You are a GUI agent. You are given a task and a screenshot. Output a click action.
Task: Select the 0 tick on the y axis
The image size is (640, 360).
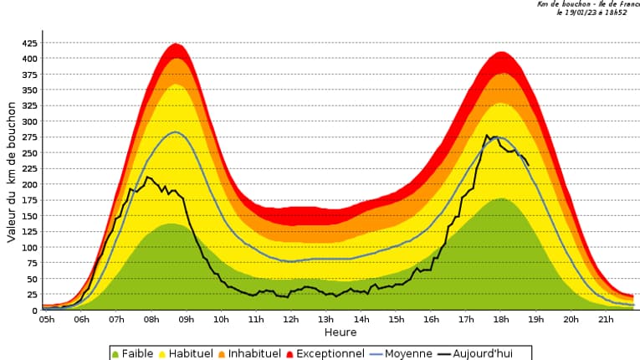coord(34,311)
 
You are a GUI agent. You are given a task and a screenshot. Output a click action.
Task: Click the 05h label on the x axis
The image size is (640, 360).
coord(48,319)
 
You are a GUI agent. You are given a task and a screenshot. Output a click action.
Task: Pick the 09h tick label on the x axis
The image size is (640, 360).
coord(187,319)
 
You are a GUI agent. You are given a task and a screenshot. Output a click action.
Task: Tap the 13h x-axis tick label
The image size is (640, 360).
coord(326,319)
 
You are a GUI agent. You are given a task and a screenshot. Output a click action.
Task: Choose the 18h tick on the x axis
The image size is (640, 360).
coord(500,319)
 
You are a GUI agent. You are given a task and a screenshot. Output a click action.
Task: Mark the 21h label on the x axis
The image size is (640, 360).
coord(605,319)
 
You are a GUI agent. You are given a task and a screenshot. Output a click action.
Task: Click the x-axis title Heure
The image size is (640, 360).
coord(340,332)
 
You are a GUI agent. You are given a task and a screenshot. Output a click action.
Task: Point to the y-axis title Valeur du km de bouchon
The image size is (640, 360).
coord(12,172)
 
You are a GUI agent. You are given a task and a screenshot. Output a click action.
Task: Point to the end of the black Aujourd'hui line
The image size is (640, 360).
coord(528,165)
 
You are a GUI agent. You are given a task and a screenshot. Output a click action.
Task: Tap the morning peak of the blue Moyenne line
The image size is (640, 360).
coord(176,132)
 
